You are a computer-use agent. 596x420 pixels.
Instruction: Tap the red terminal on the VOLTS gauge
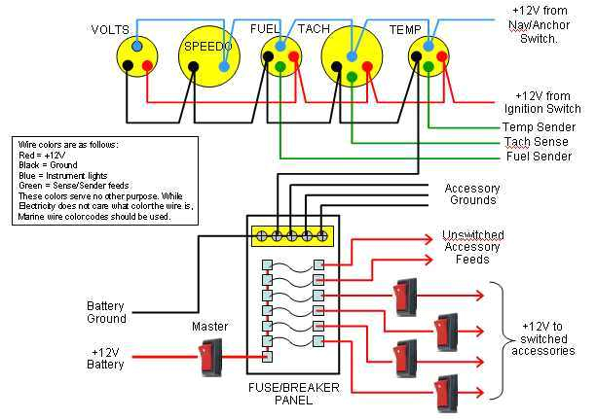pyautogui.click(x=147, y=65)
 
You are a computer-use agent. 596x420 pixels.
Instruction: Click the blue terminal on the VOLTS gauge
pyautogui.click(x=136, y=46)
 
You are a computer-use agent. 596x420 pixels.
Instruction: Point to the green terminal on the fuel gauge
pyautogui.click(x=279, y=66)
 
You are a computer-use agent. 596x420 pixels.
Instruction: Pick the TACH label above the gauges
pyautogui.click(x=314, y=29)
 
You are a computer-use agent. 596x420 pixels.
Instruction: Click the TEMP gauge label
pyautogui.click(x=405, y=29)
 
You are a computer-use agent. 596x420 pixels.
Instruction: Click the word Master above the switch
pyautogui.click(x=209, y=327)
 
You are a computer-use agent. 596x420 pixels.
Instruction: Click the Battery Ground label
pyautogui.click(x=106, y=312)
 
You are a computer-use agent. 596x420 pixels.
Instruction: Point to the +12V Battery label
pyautogui.click(x=107, y=358)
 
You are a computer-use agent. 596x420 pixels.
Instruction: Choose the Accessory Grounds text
pyautogui.click(x=472, y=194)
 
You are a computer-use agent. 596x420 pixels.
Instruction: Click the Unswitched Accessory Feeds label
pyautogui.click(x=472, y=248)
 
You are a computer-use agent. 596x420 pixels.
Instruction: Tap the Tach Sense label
pyautogui.click(x=536, y=142)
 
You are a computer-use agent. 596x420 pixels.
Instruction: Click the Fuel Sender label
pyautogui.click(x=538, y=157)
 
